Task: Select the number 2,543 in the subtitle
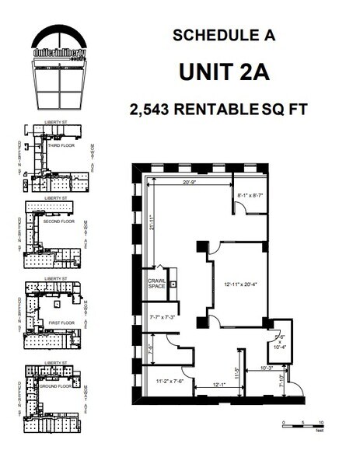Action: (149, 110)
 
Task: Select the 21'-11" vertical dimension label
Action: (155, 224)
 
